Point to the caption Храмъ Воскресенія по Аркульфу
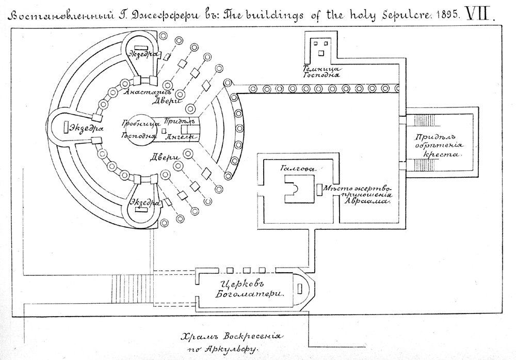[230, 342]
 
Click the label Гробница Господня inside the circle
[139, 130]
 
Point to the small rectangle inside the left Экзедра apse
[66, 127]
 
